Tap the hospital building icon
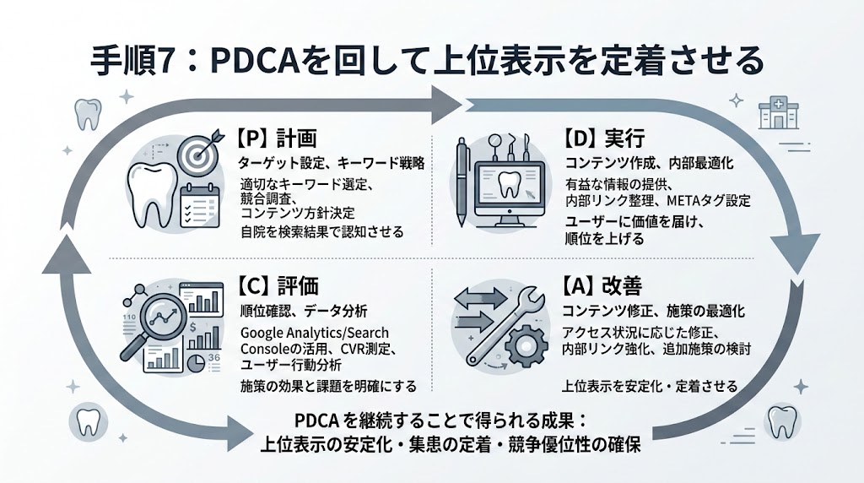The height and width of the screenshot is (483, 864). [775, 113]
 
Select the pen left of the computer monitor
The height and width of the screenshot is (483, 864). [463, 181]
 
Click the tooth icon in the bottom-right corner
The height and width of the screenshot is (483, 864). [782, 420]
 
